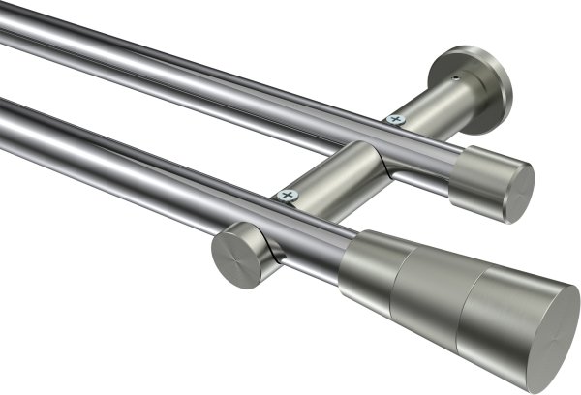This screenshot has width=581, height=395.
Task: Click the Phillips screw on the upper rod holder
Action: pos(395,119)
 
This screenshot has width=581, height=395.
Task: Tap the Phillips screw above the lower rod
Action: pos(287,195)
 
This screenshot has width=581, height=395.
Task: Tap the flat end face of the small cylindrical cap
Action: pos(514,192)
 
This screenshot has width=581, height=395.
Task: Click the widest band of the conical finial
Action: pos(499,310)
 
